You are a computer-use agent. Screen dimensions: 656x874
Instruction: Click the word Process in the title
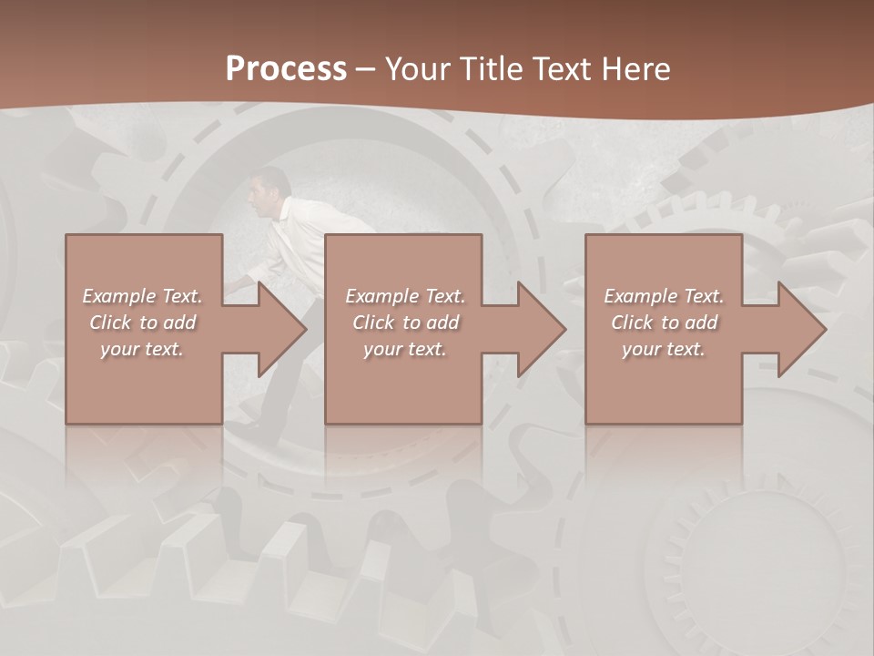pos(286,69)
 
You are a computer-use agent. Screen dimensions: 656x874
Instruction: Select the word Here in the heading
pos(637,69)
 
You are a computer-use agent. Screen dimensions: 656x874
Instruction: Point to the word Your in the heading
pos(418,69)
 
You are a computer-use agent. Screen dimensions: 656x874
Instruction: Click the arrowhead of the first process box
pos(281,329)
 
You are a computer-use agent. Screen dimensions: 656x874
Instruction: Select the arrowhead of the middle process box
pos(541,329)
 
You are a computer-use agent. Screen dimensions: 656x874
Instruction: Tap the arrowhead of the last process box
pos(801,329)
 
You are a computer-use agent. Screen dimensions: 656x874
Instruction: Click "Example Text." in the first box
pos(142,296)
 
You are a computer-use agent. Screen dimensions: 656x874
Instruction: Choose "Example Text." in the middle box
pos(405,296)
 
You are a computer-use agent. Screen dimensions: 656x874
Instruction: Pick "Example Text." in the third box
pos(664,296)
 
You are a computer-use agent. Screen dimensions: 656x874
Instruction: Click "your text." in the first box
pos(142,349)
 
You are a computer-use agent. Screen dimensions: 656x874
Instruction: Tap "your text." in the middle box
pos(405,349)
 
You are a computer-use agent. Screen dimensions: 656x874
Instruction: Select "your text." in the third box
pos(664,349)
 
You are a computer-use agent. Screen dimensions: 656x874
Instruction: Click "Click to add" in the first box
pos(142,323)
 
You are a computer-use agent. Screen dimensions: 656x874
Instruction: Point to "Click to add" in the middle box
pos(405,323)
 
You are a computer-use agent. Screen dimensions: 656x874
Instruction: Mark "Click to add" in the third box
pos(664,323)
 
